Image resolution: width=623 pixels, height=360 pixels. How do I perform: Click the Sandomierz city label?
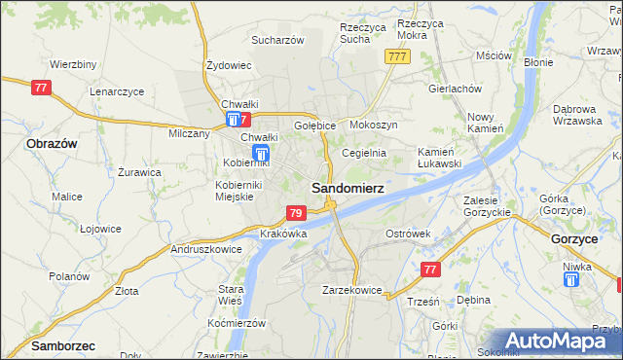pyautogui.click(x=347, y=187)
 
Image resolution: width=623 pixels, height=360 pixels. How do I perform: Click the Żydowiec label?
pyautogui.click(x=230, y=65)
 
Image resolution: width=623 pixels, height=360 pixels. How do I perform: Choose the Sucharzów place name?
pyautogui.click(x=278, y=40)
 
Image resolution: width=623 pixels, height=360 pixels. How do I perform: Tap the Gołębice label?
pyautogui.click(x=314, y=126)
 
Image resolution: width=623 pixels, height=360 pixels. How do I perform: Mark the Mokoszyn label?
pyautogui.click(x=373, y=126)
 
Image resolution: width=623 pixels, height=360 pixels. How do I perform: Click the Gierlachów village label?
pyautogui.click(x=455, y=88)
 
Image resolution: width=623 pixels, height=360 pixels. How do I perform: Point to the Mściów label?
pyautogui.click(x=495, y=55)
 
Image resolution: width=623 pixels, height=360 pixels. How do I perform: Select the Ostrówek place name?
pyautogui.click(x=408, y=234)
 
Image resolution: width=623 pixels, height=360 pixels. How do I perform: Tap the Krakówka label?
pyautogui.click(x=284, y=234)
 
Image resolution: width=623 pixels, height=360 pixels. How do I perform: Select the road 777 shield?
pyautogui.click(x=396, y=56)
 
